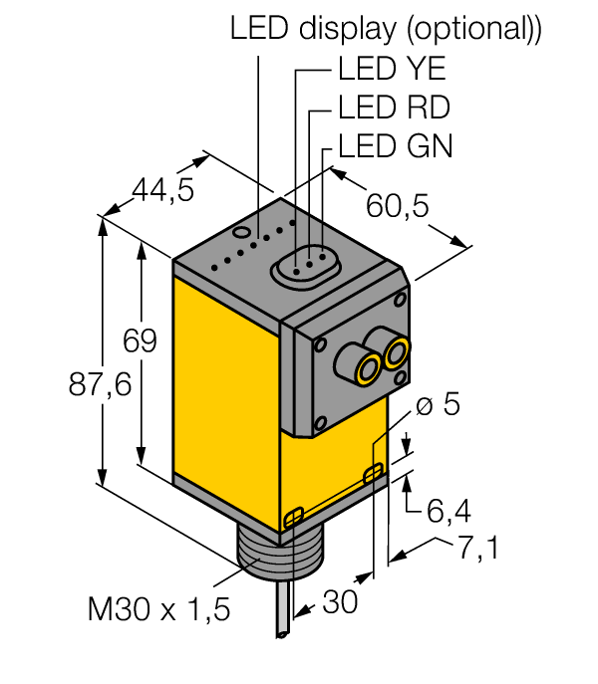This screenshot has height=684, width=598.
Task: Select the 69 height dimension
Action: pos(140,342)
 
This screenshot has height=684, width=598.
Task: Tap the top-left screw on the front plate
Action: pos(321,345)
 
